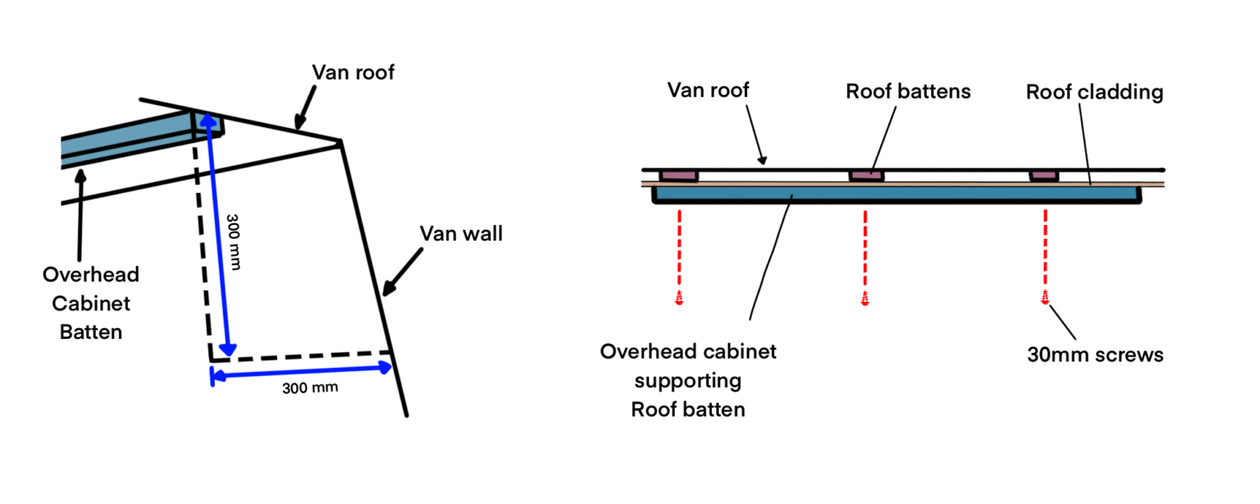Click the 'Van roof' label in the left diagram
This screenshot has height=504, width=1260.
point(353,72)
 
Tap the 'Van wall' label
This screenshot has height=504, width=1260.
point(461,234)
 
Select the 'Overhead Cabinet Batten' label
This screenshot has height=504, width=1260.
point(91,303)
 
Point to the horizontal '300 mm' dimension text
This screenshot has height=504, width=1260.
point(310,387)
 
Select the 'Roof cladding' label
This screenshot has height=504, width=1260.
point(1094,92)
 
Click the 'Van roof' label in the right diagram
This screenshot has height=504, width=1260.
point(708,89)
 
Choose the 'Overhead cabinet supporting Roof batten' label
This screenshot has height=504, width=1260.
point(688,380)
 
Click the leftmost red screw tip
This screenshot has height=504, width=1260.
point(679,298)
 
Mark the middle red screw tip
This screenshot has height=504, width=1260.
point(865,298)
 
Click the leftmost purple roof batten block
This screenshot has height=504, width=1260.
point(679,175)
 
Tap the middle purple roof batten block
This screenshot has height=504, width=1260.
point(866,175)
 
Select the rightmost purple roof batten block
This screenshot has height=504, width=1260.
point(1044,175)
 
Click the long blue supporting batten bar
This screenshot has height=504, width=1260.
point(894,195)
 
